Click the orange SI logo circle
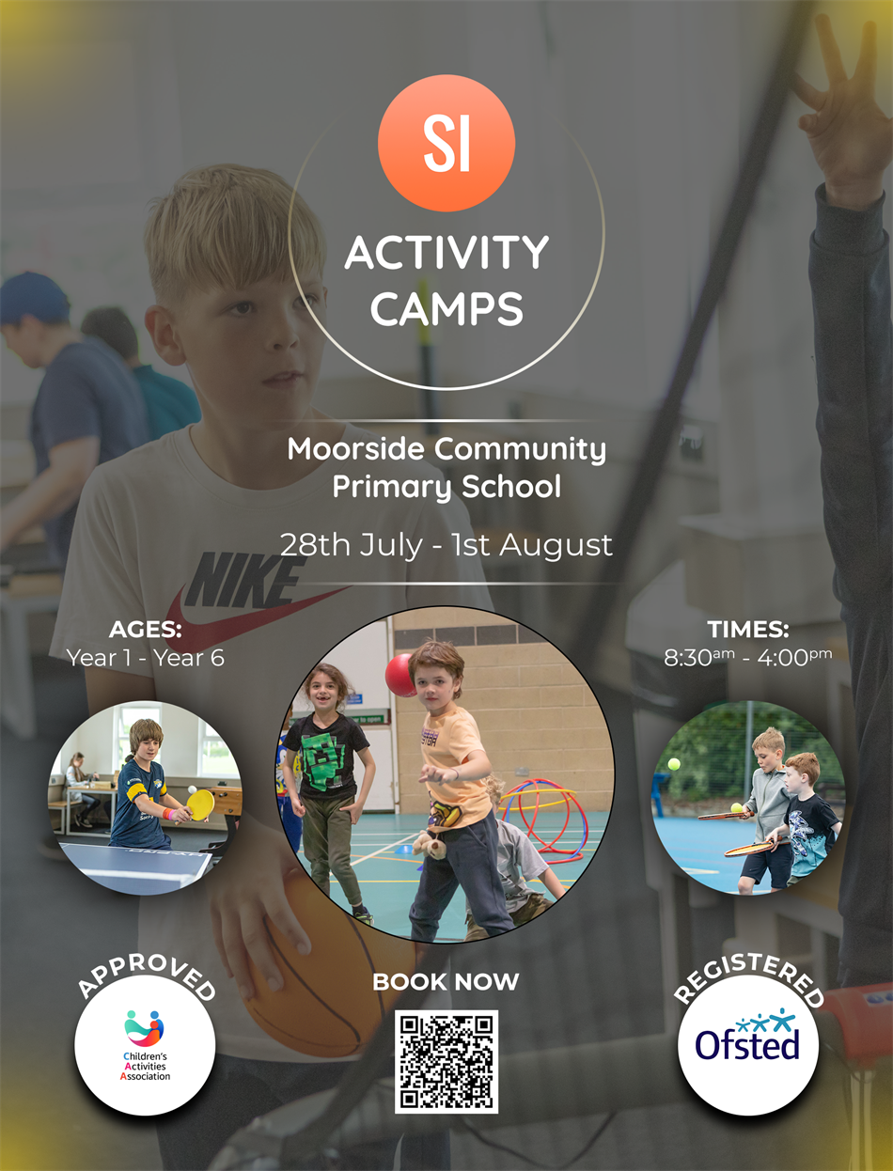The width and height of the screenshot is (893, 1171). (446, 143)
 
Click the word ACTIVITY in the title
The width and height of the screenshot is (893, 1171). (446, 253)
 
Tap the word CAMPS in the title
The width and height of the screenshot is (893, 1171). (446, 309)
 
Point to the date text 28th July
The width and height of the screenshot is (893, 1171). (351, 545)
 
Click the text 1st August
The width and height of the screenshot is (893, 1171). (532, 545)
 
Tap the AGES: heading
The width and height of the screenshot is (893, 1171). (145, 630)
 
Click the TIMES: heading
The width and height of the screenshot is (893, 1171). (748, 630)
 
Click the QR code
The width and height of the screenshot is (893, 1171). (446, 1062)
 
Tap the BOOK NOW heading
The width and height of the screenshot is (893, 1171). (446, 981)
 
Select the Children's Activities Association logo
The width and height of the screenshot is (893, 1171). (145, 1046)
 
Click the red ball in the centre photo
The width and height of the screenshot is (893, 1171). (401, 675)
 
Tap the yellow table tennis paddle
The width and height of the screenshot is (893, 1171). (200, 805)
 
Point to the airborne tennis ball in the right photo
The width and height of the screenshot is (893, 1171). (674, 764)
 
